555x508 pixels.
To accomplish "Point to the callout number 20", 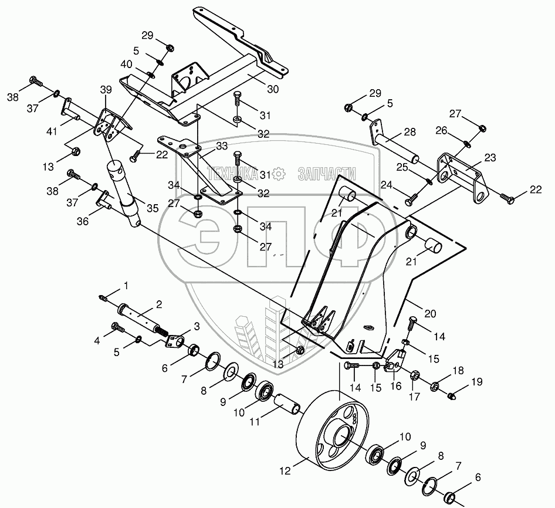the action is (x=430, y=314).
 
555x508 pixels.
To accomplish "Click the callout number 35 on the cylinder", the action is (x=153, y=208).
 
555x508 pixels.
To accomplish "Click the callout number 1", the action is (x=126, y=286).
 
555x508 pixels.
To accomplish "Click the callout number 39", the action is (x=106, y=89).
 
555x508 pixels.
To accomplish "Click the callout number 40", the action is (x=126, y=65).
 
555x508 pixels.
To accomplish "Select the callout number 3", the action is (x=197, y=326).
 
